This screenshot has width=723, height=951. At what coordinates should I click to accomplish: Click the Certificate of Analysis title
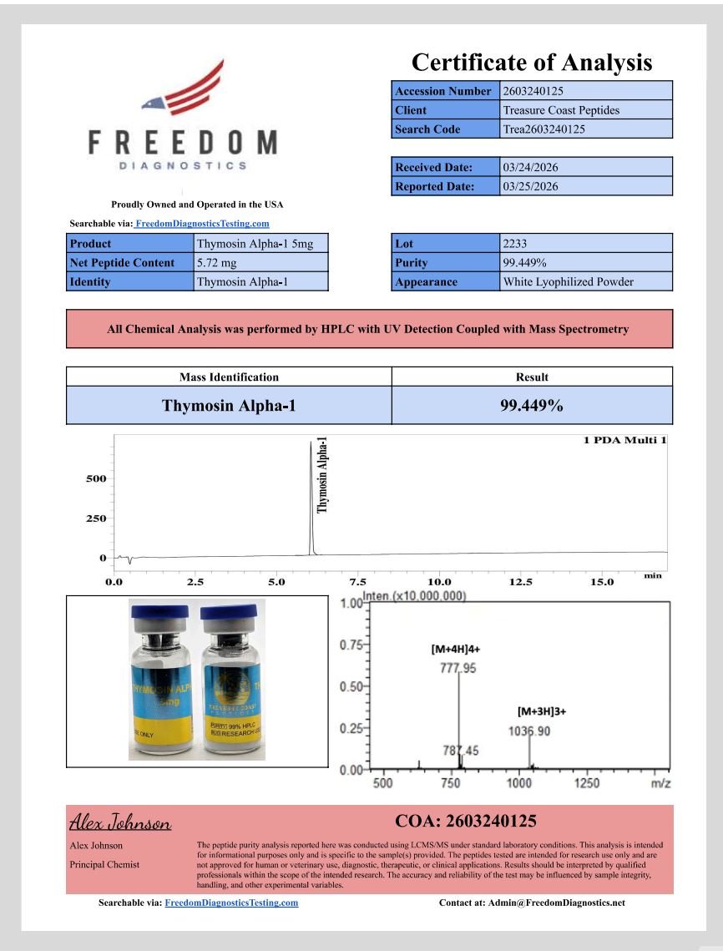click(x=532, y=62)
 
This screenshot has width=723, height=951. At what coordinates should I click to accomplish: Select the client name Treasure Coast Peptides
click(x=561, y=110)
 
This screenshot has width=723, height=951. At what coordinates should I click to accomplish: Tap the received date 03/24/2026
click(x=530, y=167)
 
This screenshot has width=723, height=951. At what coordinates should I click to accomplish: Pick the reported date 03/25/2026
click(x=530, y=186)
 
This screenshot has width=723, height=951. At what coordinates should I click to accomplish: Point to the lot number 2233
click(x=515, y=243)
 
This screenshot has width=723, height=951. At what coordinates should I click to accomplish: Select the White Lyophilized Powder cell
click(x=568, y=281)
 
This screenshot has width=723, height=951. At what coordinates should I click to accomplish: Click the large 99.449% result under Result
click(x=531, y=406)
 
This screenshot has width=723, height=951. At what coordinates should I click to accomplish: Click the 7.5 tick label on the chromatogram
click(x=357, y=582)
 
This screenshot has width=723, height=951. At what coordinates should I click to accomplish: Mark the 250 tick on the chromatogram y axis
click(x=96, y=518)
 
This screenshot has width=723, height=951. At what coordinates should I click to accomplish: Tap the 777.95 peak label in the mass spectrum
click(x=458, y=667)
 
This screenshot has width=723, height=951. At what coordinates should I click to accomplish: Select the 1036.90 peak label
click(x=529, y=731)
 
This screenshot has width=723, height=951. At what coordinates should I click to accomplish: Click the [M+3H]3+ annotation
click(x=542, y=711)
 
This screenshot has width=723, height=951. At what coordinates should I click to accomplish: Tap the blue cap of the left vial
click(x=160, y=611)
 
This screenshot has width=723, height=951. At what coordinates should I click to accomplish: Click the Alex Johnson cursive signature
click(x=120, y=823)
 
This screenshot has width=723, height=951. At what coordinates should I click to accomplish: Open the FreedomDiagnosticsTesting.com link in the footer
click(x=231, y=903)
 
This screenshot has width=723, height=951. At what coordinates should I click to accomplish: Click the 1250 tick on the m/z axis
click(x=587, y=783)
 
